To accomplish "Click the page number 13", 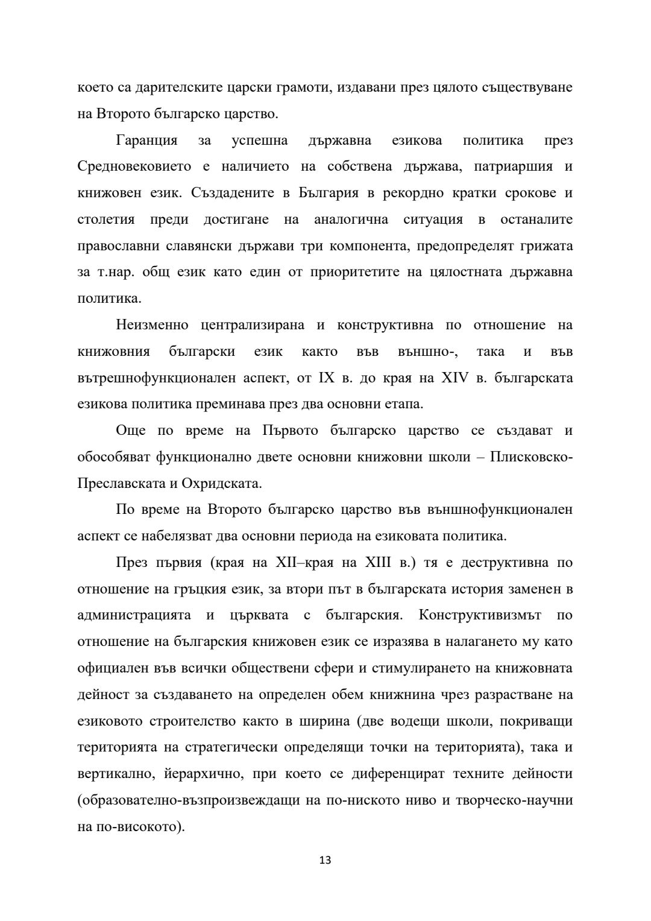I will point(325,860).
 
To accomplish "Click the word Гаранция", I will point(146,141).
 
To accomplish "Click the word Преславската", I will point(120,484).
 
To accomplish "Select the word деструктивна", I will point(502,563).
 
